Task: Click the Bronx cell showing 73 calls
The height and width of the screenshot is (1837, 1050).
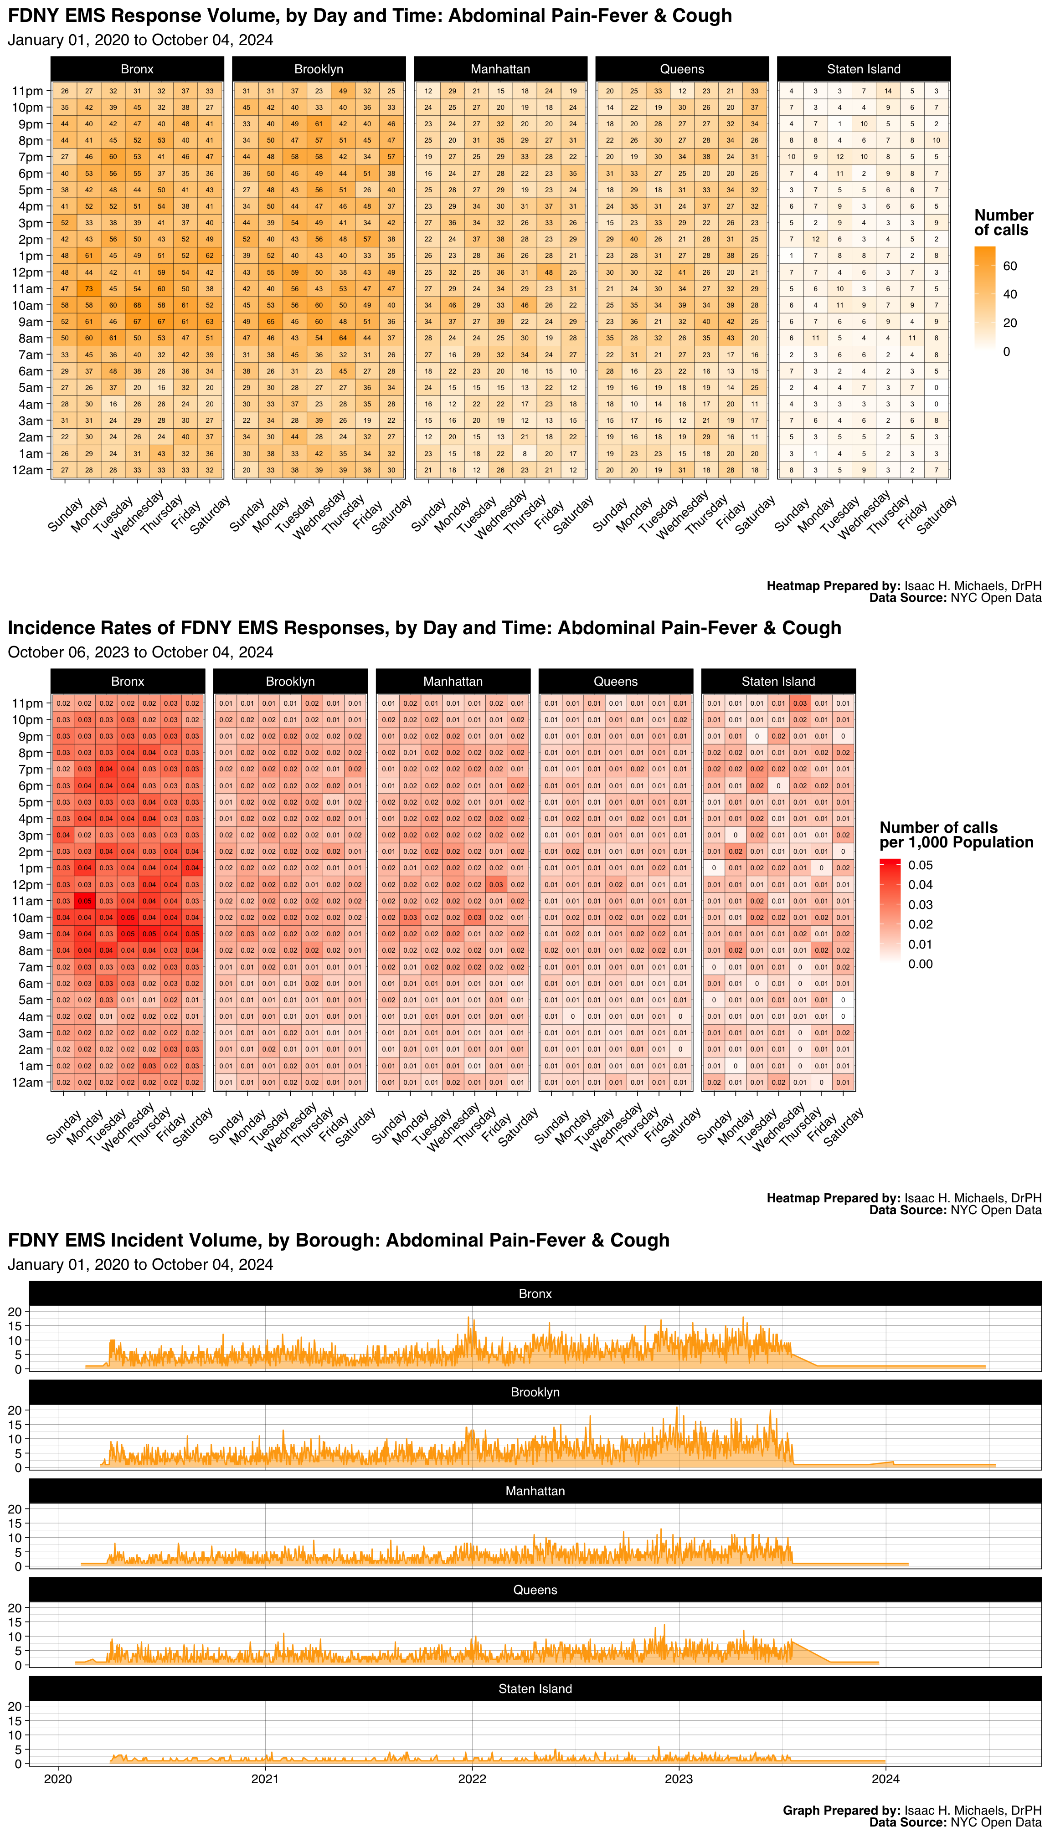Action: pos(89,288)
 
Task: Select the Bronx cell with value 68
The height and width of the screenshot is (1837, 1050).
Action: pos(137,305)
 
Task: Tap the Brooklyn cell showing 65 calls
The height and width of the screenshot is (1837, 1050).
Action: pos(270,322)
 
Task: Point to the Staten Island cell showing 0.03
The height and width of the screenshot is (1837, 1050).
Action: pos(800,703)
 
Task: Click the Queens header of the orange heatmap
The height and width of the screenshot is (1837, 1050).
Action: pos(681,69)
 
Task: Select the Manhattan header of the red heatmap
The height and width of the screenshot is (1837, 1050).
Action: pos(453,681)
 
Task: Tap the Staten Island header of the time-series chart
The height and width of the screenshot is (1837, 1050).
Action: pos(535,1688)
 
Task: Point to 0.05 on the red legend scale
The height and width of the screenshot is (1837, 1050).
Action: pos(920,865)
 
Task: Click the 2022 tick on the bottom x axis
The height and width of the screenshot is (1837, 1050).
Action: pos(472,1779)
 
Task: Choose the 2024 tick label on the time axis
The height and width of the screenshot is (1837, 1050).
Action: pos(885,1779)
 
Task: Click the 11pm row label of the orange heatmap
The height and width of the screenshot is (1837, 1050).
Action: pos(27,91)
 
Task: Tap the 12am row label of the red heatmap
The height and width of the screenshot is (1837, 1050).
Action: pos(27,1082)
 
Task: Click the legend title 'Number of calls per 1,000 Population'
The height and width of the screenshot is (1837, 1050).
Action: pos(956,835)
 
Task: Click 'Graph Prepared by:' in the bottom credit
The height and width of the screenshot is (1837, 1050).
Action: pos(841,1810)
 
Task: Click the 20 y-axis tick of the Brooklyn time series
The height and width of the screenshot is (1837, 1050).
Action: pos(15,1410)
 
